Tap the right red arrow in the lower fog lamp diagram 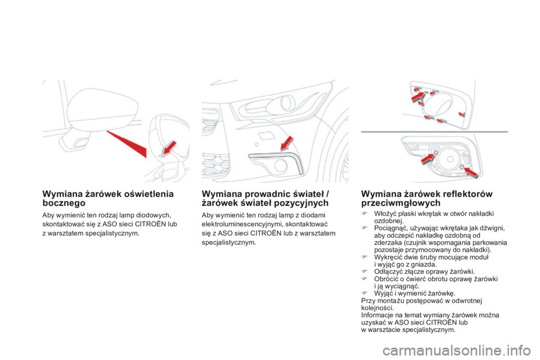click(467, 169)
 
